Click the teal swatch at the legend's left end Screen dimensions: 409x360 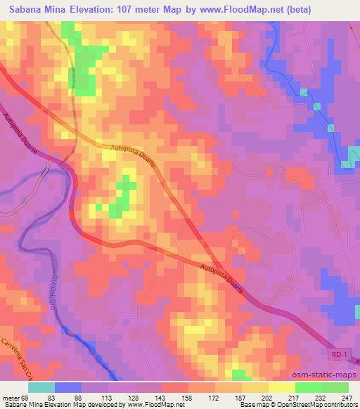[x=41, y=387]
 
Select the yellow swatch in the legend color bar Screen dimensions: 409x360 [x=281, y=387]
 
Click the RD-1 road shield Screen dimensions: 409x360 [x=339, y=357]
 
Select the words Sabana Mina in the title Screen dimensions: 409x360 [x=34, y=9]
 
